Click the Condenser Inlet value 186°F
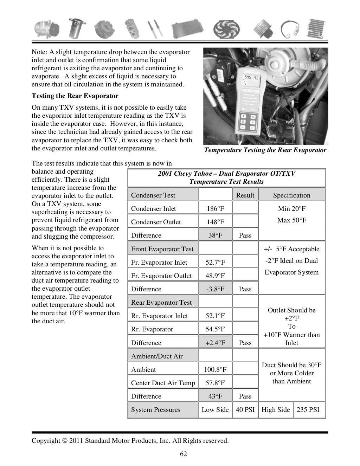(215, 209)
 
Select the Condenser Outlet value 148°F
(215, 222)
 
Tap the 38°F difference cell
(215, 235)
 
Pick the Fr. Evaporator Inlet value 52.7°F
(215, 263)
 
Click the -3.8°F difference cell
(215, 289)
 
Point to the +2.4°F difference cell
(215, 343)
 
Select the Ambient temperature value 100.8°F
(215, 370)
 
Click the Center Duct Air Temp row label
(163, 383)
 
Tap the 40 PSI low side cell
(245, 410)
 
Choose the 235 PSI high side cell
(308, 410)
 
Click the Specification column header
(291, 195)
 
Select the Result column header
(245, 195)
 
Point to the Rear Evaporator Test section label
(161, 303)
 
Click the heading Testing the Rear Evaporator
(75, 96)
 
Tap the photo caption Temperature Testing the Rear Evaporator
(265, 150)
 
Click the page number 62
(184, 454)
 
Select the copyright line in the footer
(130, 441)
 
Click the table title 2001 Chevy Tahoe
(226, 174)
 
